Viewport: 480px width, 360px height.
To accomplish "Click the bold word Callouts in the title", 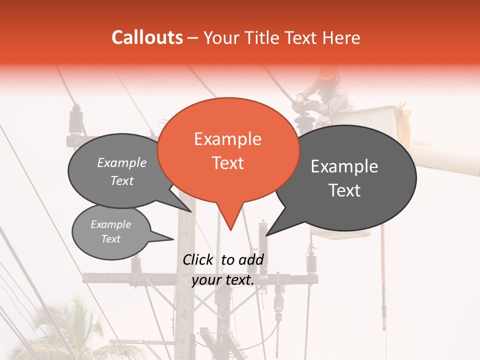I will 147,37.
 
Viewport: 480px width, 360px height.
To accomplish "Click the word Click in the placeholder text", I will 198,259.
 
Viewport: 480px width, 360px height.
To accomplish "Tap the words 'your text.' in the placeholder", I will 223,280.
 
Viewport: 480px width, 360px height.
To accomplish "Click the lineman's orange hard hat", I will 328,73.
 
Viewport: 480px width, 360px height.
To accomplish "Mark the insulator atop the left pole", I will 76,120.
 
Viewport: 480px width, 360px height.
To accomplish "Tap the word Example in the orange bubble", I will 228,139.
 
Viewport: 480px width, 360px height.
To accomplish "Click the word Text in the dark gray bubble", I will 345,190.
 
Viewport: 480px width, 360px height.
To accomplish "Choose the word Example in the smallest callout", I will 110,224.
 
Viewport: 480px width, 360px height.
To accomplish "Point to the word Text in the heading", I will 300,38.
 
